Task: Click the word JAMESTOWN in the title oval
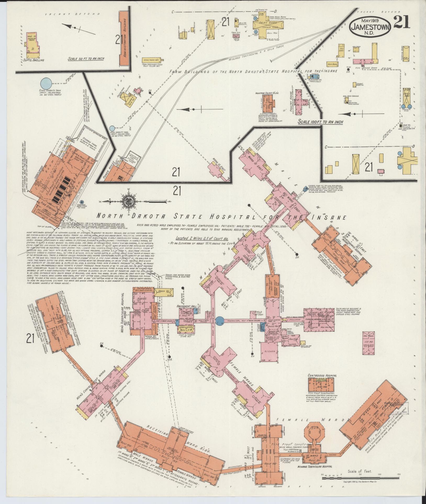[x=370, y=26]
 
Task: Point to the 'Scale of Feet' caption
[x=360, y=472]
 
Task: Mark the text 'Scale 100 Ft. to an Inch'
[x=321, y=122]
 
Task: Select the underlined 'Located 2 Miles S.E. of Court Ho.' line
[x=201, y=238]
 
